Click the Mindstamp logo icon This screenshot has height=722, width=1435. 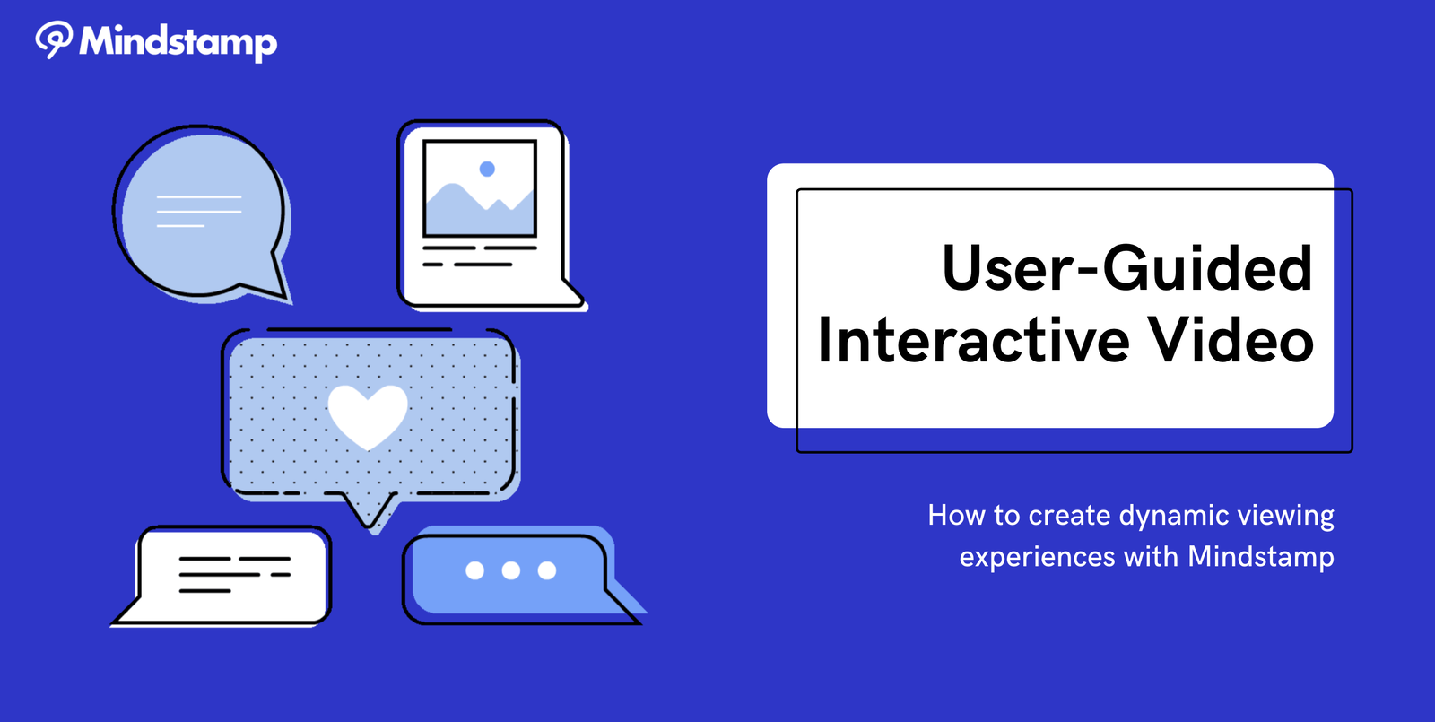coord(54,39)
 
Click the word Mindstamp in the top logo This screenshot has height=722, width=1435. coord(178,43)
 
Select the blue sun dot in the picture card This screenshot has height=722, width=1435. coord(487,169)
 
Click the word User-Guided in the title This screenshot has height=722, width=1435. coord(1127,268)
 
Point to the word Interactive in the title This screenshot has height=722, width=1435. coord(973,340)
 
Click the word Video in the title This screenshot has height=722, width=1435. coord(1231,340)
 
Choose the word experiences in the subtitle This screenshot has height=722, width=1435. coord(1037,557)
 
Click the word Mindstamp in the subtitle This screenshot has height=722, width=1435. coord(1261,557)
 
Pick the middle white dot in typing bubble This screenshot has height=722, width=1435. coord(510,570)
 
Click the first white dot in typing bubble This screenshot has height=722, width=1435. coord(474,570)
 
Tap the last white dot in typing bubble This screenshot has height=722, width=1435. coord(546,570)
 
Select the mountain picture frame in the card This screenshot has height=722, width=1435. coord(479,189)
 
